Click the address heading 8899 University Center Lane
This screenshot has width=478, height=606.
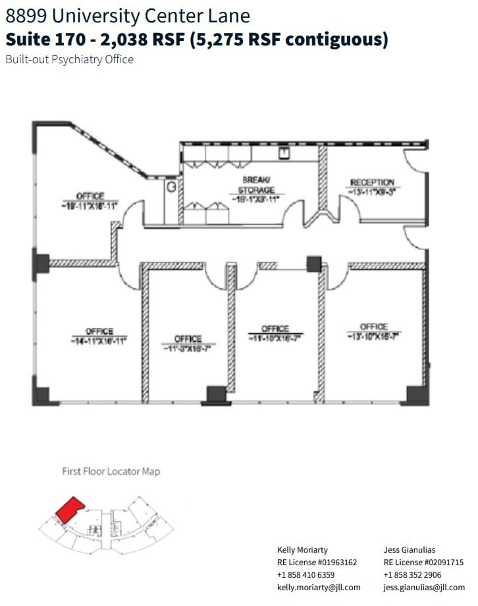tap(128, 16)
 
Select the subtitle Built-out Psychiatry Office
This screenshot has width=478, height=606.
tap(69, 59)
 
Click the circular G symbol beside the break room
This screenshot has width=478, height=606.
tap(172, 187)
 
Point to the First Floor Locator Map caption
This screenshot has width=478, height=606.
tap(111, 471)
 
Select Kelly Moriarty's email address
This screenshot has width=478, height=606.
tap(319, 587)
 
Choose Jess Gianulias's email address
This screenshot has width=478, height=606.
tap(424, 587)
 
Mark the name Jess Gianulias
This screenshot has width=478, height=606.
tap(410, 549)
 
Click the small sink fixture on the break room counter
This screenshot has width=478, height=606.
tap(284, 153)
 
